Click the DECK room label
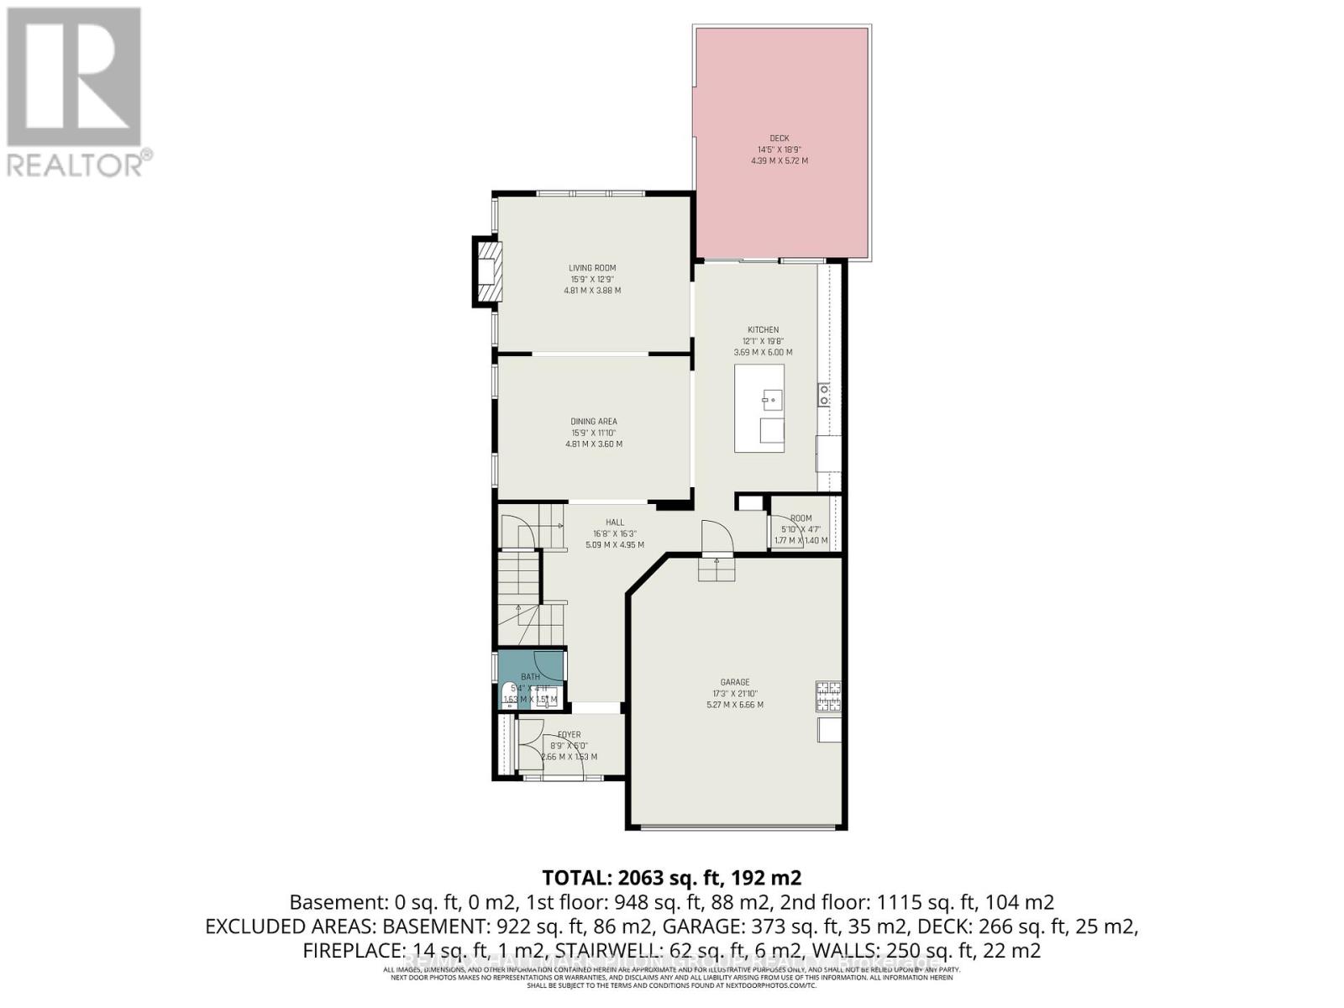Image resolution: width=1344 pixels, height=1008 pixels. point(779,139)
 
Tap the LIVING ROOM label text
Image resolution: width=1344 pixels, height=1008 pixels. point(592,268)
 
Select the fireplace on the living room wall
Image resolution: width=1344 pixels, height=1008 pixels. point(487,270)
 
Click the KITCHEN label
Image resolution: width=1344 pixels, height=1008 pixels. point(763,330)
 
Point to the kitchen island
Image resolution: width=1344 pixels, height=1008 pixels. point(759,408)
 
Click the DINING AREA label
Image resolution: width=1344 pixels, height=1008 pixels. point(594,422)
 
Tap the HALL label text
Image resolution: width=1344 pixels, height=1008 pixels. point(615,522)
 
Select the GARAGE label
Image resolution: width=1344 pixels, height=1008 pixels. point(734,682)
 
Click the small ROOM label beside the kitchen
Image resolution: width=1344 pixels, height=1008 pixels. point(801,518)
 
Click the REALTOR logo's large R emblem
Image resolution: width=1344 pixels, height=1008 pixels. point(74,77)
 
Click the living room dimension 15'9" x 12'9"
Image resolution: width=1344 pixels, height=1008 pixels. point(592,279)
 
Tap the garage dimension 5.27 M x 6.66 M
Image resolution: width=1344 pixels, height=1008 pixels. point(734,705)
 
